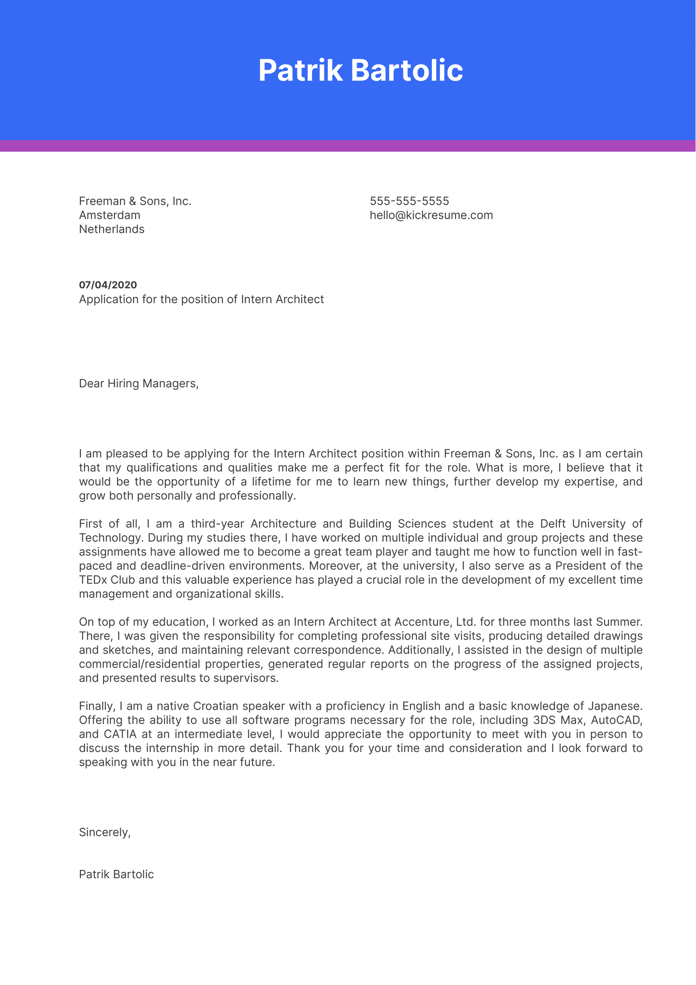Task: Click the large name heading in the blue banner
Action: click(x=360, y=71)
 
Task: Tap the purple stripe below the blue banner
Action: click(x=348, y=146)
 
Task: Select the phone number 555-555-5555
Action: click(x=409, y=201)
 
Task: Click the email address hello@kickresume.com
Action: click(x=431, y=215)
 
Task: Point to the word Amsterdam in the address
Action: click(x=110, y=215)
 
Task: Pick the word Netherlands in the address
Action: click(x=111, y=230)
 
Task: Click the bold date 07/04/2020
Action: click(x=108, y=285)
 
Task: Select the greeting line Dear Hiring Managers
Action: click(x=138, y=383)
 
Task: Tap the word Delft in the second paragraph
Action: click(x=553, y=524)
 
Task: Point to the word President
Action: click(x=580, y=566)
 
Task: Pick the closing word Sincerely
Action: click(x=104, y=832)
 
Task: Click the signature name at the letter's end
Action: click(x=116, y=874)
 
